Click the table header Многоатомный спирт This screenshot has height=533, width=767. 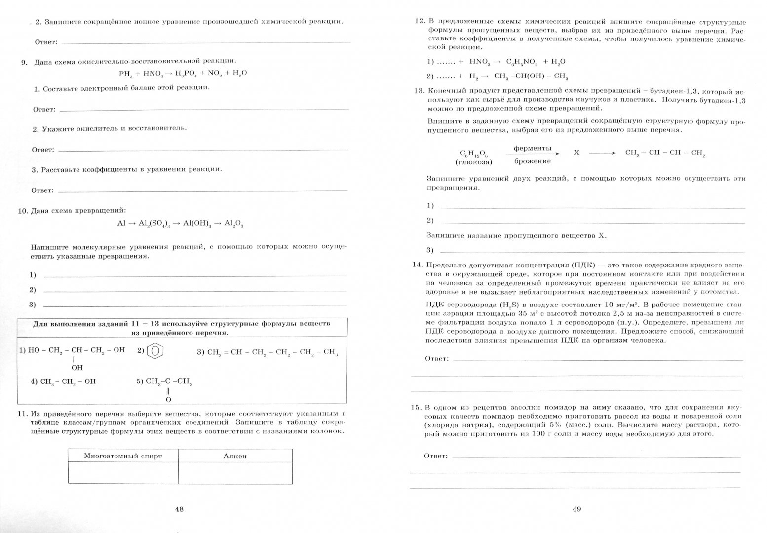pos(123,456)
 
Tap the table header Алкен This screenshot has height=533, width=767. pos(235,456)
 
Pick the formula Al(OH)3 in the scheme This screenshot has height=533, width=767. pos(197,224)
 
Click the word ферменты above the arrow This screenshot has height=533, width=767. pos(532,148)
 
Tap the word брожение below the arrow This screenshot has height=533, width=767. pos(532,161)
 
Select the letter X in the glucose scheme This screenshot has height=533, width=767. pos(576,153)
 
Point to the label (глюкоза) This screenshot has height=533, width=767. pos(474,162)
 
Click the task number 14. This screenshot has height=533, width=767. pos(417,265)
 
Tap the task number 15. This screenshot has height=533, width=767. pos(416,408)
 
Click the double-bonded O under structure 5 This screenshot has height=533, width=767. pos(168,399)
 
